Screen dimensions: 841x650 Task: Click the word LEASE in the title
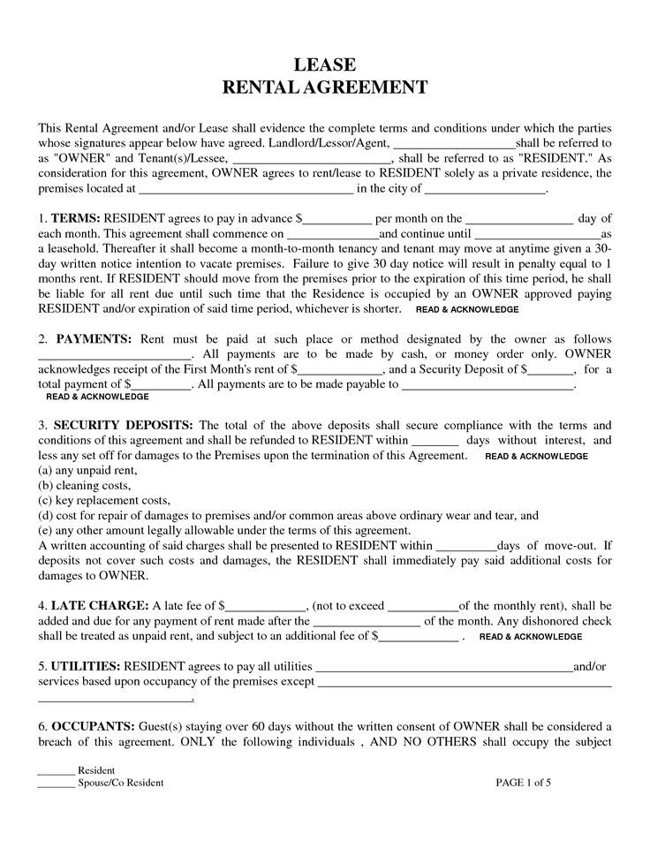pos(324,64)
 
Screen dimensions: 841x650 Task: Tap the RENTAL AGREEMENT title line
pos(324,87)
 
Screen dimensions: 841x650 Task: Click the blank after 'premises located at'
pos(246,189)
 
